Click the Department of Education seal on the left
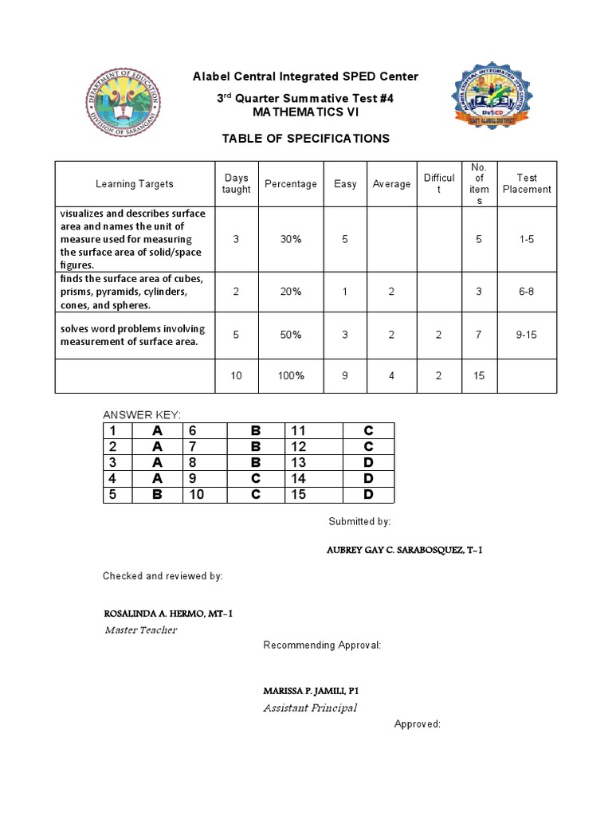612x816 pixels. tap(124, 101)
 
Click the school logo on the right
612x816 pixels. tap(490, 96)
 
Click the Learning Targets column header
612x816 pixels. tap(135, 184)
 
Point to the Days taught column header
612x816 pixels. tap(236, 184)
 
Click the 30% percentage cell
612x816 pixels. tap(290, 240)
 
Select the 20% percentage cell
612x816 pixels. tap(290, 292)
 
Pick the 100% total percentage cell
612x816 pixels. tap(290, 376)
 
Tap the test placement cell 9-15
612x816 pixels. tap(527, 335)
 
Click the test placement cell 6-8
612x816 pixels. tap(527, 292)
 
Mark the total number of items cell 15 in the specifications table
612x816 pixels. tap(479, 376)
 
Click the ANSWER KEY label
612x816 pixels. tap(143, 414)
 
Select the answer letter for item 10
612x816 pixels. tap(256, 495)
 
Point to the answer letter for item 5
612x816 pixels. tap(158, 495)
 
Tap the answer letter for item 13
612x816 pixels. tap(367, 463)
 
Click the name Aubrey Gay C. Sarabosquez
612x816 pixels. tap(405, 551)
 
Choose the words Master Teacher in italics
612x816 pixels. tap(141, 630)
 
